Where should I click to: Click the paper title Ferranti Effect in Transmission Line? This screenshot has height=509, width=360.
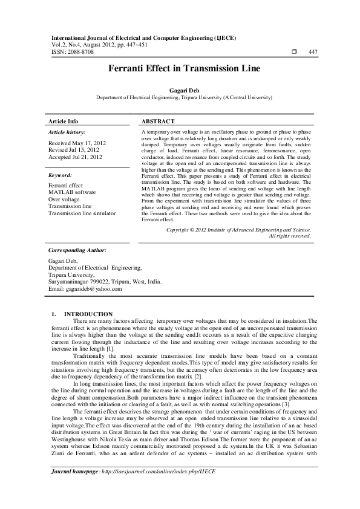pos(180,69)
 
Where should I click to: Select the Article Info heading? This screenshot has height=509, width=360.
pos(63,121)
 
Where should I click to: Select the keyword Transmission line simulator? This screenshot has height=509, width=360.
pos(82,213)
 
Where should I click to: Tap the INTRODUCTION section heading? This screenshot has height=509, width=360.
pos(88,314)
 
